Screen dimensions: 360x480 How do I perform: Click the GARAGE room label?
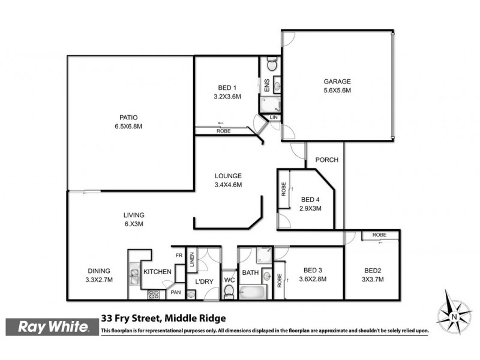(x=337, y=82)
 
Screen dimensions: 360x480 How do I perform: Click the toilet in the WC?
(x=228, y=292)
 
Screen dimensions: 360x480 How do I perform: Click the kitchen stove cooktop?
(x=153, y=294)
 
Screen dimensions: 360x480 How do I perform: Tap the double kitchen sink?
(x=134, y=277)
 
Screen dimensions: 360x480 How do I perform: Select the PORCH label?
(x=327, y=160)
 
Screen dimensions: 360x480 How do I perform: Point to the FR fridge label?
(x=178, y=255)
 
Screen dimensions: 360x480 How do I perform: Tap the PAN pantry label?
(x=176, y=292)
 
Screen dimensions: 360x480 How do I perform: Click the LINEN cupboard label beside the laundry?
(x=192, y=259)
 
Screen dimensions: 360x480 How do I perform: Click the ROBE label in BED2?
(x=378, y=235)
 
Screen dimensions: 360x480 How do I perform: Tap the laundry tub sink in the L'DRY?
(x=191, y=294)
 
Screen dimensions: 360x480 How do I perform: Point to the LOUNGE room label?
(x=228, y=176)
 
